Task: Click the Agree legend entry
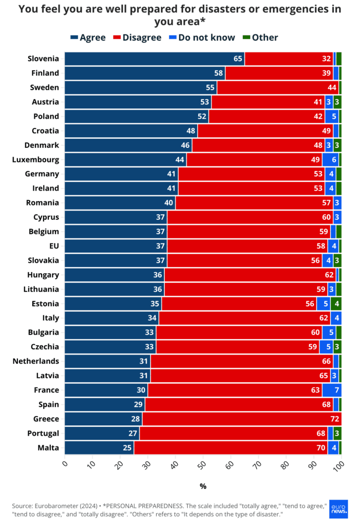pos(88,37)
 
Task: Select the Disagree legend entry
pos(137,37)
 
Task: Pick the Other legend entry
pos(260,37)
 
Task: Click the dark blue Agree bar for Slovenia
pos(154,59)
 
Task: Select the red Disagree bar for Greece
pos(242,419)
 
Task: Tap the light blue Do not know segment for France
pos(332,390)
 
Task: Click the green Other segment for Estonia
pos(336,304)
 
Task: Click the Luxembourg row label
pos(35,160)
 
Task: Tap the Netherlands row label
pos(35,361)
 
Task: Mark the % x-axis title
pos(203,486)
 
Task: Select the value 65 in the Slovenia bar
pos(238,59)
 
